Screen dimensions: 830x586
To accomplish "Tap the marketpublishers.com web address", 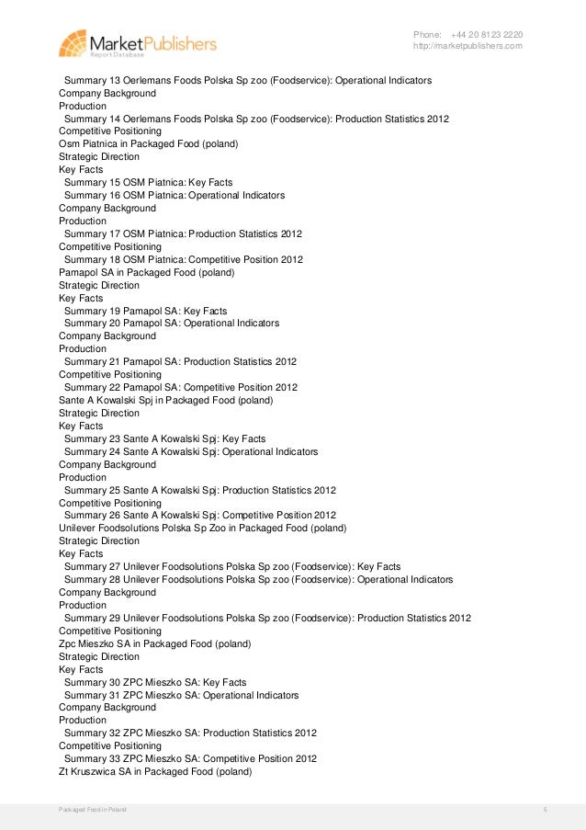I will click(468, 46).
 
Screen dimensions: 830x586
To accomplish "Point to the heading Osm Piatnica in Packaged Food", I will click(148, 144).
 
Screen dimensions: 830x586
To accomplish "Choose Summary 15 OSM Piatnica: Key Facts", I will click(148, 183).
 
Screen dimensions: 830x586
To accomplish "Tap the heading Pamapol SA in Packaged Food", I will click(146, 273).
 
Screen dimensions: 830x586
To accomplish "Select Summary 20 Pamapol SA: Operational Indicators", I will click(172, 324).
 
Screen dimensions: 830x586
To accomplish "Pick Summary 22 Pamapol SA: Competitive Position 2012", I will click(181, 387).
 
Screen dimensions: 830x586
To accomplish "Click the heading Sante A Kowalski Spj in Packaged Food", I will click(165, 401).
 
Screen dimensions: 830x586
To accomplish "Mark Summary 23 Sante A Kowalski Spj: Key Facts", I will click(164, 439).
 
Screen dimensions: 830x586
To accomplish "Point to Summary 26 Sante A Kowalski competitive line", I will click(200, 516).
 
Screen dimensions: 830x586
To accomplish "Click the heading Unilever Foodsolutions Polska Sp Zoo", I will click(202, 529).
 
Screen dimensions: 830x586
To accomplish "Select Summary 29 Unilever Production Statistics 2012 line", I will click(267, 619).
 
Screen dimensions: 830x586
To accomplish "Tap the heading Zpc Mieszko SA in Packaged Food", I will click(154, 644).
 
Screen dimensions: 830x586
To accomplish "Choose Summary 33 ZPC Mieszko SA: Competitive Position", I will click(190, 759).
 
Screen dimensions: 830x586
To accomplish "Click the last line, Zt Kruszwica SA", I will click(154, 772).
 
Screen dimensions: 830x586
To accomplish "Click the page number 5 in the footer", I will click(545, 809).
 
